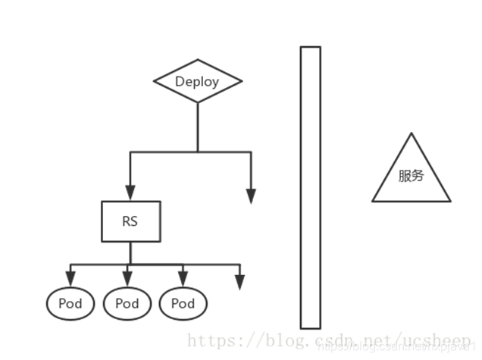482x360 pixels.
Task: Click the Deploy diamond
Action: [x=197, y=81]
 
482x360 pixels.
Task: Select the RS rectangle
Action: [x=130, y=221]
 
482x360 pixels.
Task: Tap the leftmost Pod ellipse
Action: [x=71, y=303]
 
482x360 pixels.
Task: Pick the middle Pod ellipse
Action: [x=127, y=303]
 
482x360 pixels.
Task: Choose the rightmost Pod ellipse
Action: [x=183, y=303]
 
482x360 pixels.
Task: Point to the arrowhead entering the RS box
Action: [x=130, y=193]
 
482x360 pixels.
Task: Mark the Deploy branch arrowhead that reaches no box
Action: [x=251, y=196]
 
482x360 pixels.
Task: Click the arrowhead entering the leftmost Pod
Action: [x=71, y=280]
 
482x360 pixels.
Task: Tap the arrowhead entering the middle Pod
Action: [x=127, y=280]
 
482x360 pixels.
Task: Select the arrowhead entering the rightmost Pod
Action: [x=183, y=280]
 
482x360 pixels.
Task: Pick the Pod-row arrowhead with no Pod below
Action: [x=239, y=281]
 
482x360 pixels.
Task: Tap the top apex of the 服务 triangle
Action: [x=412, y=135]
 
